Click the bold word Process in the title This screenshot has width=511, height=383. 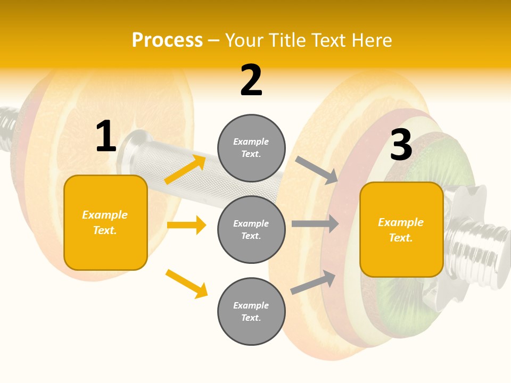tap(167, 40)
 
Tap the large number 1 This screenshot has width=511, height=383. tap(106, 137)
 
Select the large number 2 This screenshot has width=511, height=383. tap(251, 80)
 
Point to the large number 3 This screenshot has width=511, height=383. tap(401, 145)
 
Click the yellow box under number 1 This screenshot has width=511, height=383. tap(105, 222)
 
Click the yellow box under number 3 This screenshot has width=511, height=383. tap(401, 229)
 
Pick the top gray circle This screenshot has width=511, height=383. tap(251, 148)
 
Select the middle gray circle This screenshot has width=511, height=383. tap(251, 229)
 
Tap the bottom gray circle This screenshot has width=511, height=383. tap(251, 311)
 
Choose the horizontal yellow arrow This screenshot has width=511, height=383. tap(186, 225)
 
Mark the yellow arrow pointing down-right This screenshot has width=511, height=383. tap(186, 284)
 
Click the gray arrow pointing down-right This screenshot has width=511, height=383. tap(317, 170)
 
